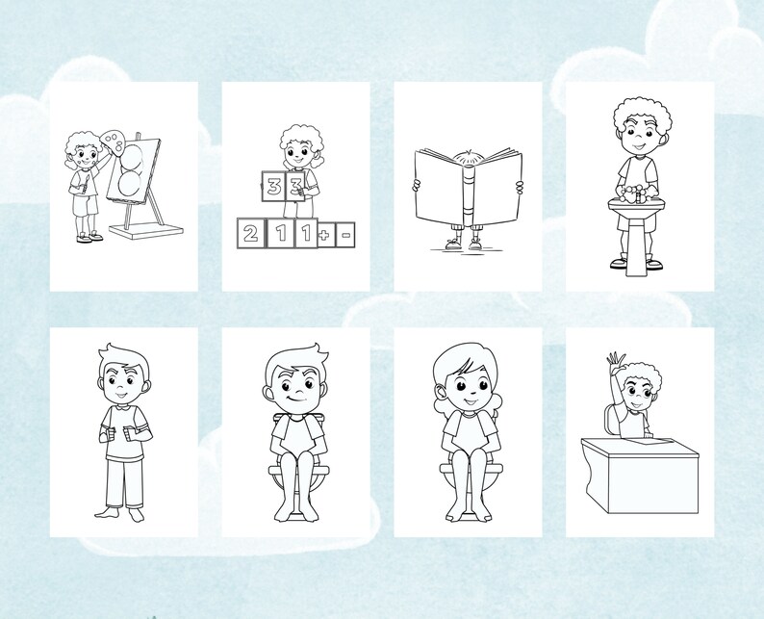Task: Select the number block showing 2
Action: coord(250,232)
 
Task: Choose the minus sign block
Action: coord(344,233)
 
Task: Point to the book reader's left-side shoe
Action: coord(453,245)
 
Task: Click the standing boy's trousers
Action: coord(122,480)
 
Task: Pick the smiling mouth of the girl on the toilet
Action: coord(469,400)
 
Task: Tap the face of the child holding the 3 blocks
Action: coord(294,155)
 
